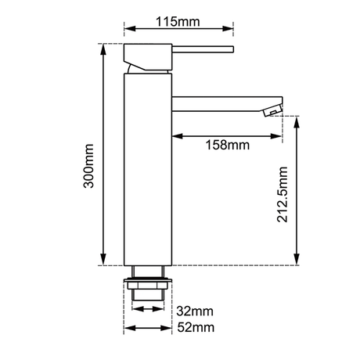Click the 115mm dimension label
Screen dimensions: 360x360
[x=178, y=21]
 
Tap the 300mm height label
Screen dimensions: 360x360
[x=88, y=166]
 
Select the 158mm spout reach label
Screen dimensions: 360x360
[x=228, y=145]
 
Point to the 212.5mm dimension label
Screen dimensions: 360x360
[x=283, y=194]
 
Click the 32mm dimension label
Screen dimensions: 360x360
[x=195, y=311]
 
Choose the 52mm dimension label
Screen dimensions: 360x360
[x=196, y=327]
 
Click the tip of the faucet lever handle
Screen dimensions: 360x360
[x=233, y=49]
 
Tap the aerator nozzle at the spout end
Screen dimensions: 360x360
[x=272, y=110]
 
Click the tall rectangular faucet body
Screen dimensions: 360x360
[x=148, y=169]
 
